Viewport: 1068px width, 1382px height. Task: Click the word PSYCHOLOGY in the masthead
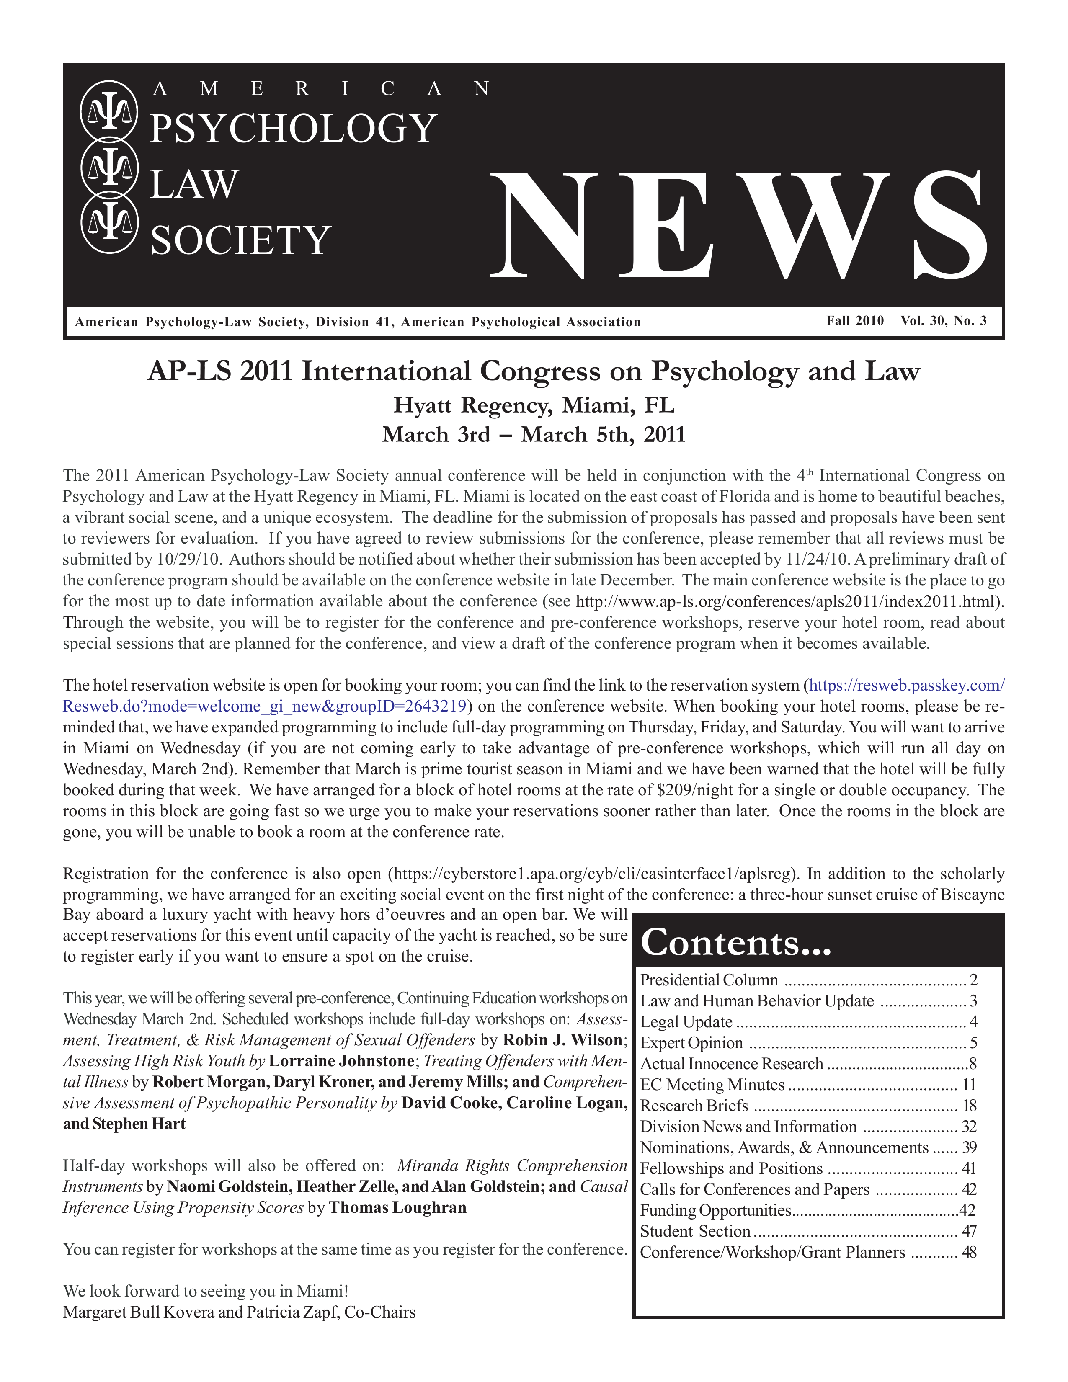click(293, 129)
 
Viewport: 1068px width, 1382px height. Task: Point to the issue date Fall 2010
click(855, 321)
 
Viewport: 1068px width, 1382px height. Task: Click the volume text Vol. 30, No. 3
click(943, 321)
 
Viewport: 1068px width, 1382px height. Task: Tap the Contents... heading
click(735, 943)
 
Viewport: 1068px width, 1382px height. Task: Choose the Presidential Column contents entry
click(709, 980)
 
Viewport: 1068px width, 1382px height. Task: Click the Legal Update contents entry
click(686, 1022)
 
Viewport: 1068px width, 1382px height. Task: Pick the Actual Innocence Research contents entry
click(731, 1064)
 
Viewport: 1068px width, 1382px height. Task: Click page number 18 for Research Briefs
click(969, 1106)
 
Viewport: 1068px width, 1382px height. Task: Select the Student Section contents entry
click(695, 1231)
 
